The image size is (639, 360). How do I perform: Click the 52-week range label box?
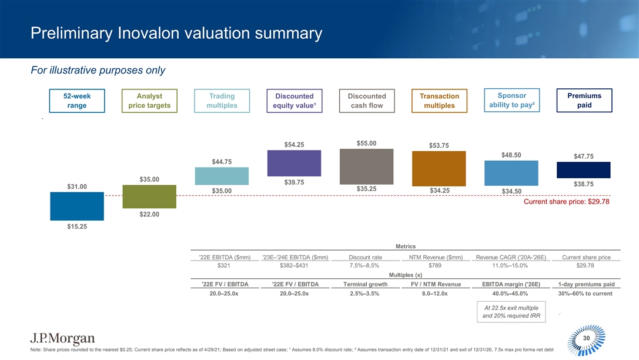click(x=77, y=101)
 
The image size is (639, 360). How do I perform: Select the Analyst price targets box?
click(x=149, y=101)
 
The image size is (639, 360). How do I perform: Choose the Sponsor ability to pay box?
click(x=511, y=101)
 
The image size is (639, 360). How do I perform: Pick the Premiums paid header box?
click(x=584, y=101)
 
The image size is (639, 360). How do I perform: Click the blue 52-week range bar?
click(x=77, y=206)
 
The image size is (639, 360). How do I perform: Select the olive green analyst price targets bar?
click(x=149, y=196)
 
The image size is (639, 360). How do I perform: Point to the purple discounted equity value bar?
click(x=294, y=163)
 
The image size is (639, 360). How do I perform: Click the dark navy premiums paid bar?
click(x=584, y=169)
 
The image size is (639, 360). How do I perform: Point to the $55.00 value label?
click(x=366, y=143)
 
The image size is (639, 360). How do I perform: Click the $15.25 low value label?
click(x=77, y=228)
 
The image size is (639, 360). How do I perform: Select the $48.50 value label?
click(x=511, y=155)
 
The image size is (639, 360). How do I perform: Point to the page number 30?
click(x=586, y=338)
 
